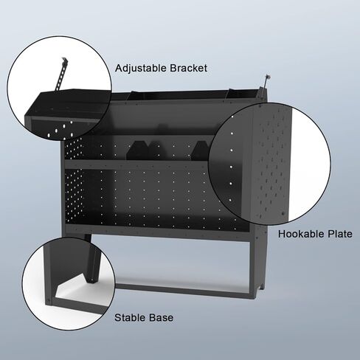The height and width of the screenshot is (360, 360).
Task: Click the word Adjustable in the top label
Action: [x=141, y=68]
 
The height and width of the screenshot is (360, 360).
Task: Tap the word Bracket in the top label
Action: [x=188, y=68]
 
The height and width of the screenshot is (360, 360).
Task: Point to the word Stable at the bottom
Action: [x=130, y=317]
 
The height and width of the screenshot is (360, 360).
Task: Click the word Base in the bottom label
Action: [x=161, y=317]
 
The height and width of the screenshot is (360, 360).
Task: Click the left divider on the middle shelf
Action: [x=138, y=150]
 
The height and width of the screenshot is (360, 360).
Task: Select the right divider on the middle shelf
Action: [x=201, y=150]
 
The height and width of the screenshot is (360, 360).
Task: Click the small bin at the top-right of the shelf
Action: [x=242, y=94]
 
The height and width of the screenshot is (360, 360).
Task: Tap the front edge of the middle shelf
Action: [x=136, y=165]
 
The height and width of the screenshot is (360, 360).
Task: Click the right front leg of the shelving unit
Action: [x=252, y=269]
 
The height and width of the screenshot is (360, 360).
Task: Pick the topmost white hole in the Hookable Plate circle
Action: [x=232, y=117]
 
